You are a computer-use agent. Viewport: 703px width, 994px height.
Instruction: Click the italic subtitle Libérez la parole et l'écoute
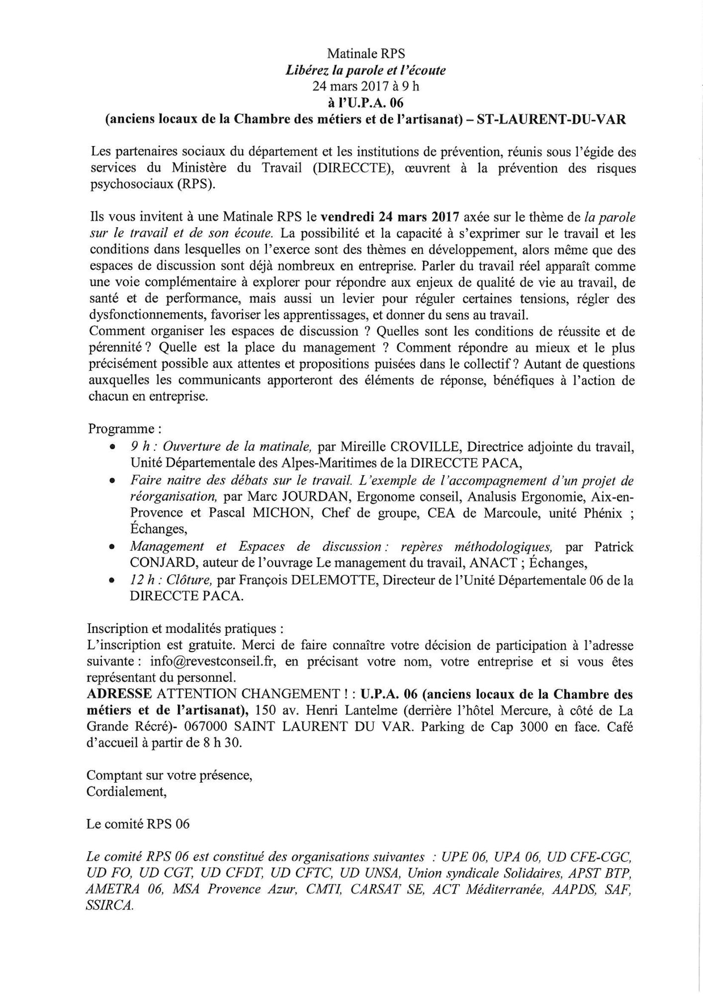coord(365,70)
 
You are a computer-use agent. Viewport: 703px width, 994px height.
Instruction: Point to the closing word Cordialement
coord(126,791)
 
